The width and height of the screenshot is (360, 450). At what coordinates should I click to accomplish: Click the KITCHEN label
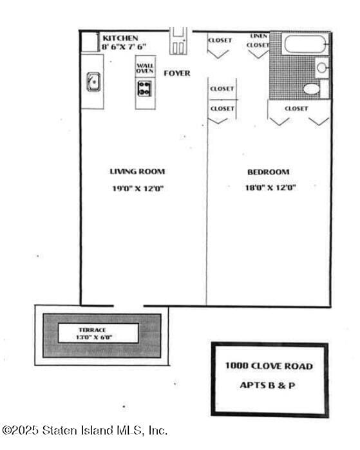point(120,39)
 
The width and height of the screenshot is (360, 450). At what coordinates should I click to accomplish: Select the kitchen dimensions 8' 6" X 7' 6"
point(124,47)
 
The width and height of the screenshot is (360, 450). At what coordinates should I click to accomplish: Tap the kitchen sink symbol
point(93,82)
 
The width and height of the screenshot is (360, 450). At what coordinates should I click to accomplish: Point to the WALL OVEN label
point(145,68)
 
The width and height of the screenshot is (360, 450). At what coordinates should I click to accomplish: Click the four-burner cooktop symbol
point(145,88)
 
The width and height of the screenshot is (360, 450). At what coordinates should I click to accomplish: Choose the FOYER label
point(176,73)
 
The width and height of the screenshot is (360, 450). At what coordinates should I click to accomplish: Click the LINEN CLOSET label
point(258,41)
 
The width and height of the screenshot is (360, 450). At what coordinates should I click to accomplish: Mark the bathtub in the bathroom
point(306,44)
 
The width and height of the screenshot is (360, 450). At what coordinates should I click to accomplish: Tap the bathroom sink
point(321,67)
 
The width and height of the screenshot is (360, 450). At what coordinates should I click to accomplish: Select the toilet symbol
point(312,89)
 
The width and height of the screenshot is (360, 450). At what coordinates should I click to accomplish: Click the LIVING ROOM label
point(137,172)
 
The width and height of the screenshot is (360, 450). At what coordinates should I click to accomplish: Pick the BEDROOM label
point(268,172)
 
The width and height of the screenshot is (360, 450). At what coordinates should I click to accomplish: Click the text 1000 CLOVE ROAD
point(269,366)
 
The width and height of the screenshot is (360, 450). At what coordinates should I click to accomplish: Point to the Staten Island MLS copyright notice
point(84,430)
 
